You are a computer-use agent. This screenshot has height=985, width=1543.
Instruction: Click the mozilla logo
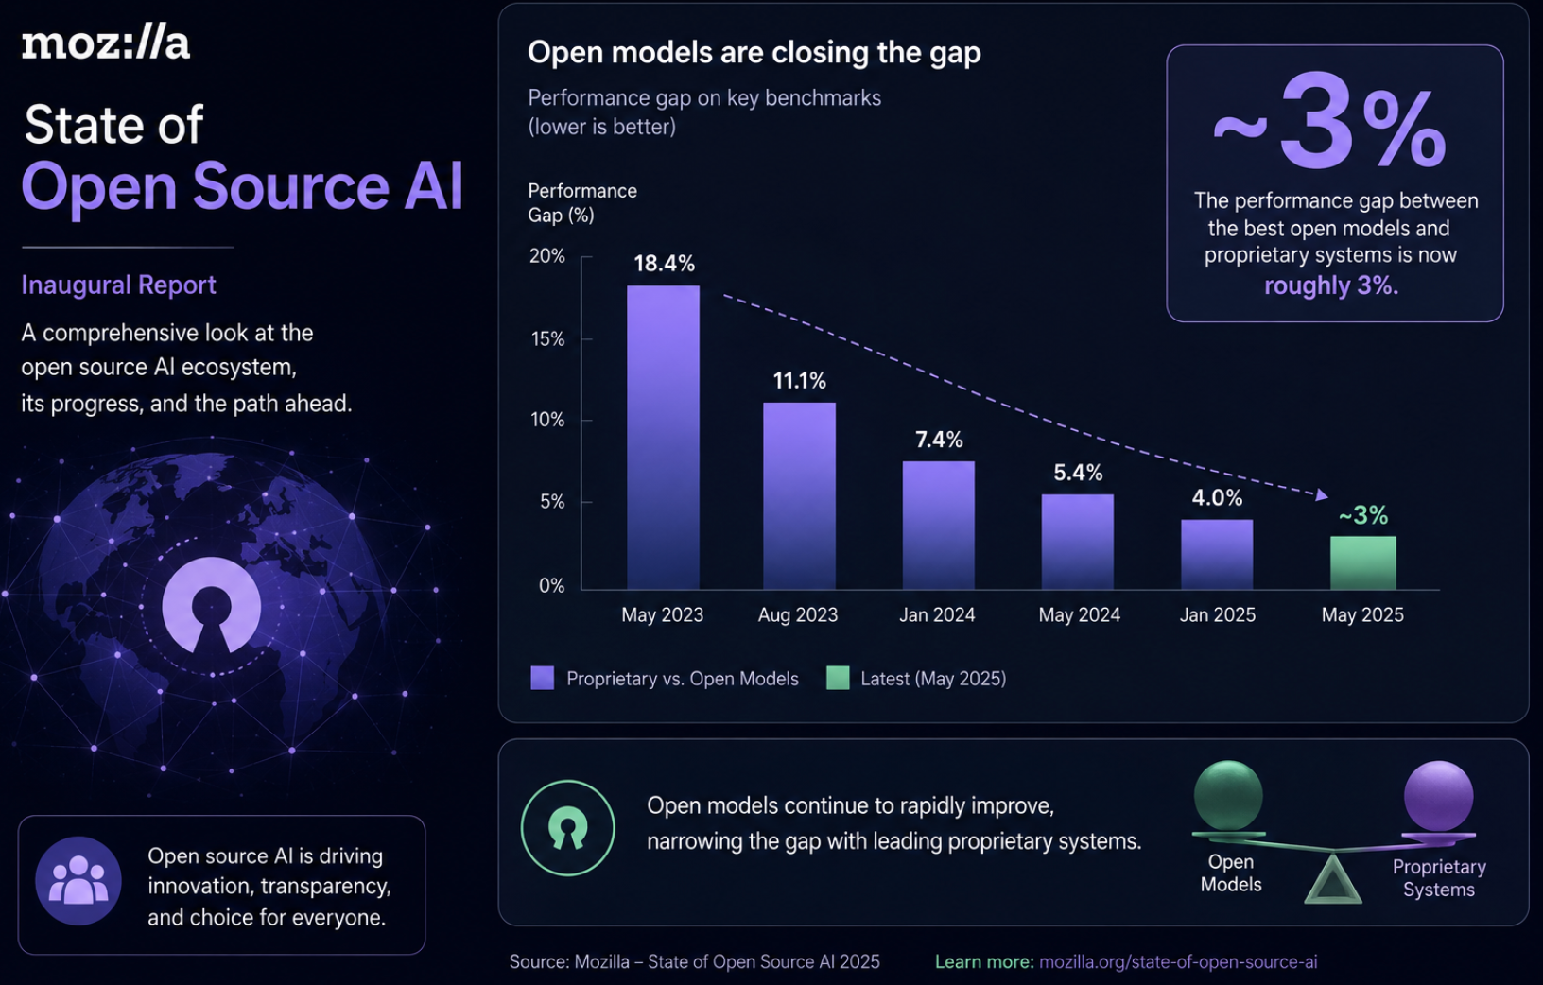(105, 44)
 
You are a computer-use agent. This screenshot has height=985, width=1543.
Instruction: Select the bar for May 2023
(663, 438)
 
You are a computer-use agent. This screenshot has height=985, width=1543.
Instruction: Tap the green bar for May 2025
(1362, 562)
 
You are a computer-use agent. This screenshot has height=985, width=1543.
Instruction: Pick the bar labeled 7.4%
(938, 526)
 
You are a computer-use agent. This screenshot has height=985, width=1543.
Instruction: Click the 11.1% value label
(799, 380)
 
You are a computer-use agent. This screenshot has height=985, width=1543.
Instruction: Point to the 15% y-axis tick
(547, 339)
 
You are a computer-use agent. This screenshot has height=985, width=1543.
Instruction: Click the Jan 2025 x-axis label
(1217, 614)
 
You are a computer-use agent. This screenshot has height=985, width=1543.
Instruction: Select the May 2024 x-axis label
(1080, 614)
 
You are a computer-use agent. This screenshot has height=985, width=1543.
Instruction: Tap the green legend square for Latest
(838, 678)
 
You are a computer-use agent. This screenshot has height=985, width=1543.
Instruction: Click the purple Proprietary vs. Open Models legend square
(542, 678)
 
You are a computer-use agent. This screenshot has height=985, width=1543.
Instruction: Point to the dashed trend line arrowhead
(1321, 494)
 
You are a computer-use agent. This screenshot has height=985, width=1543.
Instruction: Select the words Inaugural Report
(118, 285)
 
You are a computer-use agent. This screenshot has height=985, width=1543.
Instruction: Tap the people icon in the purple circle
(78, 880)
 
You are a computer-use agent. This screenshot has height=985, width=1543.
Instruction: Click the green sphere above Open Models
(1228, 796)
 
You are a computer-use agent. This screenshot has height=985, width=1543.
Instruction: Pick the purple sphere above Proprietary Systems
(1438, 796)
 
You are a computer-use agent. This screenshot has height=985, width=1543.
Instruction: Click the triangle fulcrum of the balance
(1333, 879)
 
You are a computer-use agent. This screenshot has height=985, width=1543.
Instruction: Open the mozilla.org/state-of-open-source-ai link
(1178, 961)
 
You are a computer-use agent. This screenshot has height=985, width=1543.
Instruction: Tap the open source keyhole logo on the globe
(211, 605)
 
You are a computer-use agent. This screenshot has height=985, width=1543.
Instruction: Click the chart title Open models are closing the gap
(754, 52)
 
